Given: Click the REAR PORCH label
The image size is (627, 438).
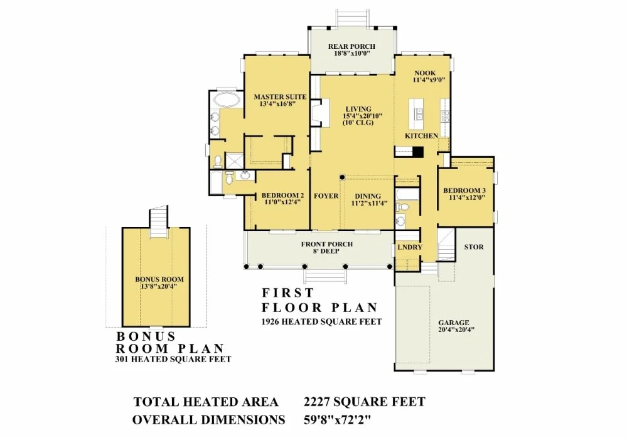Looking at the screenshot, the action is pos(351,46).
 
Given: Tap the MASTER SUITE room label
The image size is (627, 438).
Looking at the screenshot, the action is pos(280,96).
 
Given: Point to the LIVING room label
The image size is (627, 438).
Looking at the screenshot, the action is pos(358,109).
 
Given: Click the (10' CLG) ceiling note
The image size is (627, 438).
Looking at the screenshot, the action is pos(358,123).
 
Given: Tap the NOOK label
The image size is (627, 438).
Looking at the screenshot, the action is pos(425,73).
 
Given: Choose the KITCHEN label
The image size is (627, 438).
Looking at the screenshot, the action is pos(422,136).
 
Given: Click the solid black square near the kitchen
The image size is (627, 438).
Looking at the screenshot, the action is pos(418,152).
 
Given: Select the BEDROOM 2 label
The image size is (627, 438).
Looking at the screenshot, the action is pos(282,196).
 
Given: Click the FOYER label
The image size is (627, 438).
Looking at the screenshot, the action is pos(326,196).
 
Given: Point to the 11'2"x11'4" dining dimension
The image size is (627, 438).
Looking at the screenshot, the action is pos(369,203).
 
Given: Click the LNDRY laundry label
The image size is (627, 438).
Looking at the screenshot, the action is pos(410,247).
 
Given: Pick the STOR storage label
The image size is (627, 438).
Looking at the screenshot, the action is pos(474,247).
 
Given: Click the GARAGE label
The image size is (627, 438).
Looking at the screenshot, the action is pos(453,323).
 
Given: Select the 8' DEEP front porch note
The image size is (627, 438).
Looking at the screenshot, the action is pos(326,251).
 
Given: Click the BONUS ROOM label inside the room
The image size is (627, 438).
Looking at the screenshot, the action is pos(159,279).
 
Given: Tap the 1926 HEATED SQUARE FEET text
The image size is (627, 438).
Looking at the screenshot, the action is pos(321,321).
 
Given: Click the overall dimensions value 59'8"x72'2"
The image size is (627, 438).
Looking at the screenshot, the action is pos(338,420).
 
